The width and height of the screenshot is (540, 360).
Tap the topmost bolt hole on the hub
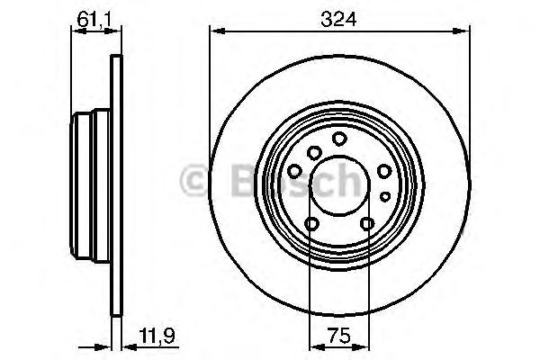[x=339, y=138]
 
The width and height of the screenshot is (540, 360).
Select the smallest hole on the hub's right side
[x=384, y=195]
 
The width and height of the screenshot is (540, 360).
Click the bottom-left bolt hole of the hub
[x=311, y=224]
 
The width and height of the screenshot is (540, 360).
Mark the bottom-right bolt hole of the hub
[x=366, y=224]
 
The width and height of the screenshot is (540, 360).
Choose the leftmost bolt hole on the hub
[x=295, y=172]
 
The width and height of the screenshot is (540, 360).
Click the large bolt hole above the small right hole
[x=383, y=172]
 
